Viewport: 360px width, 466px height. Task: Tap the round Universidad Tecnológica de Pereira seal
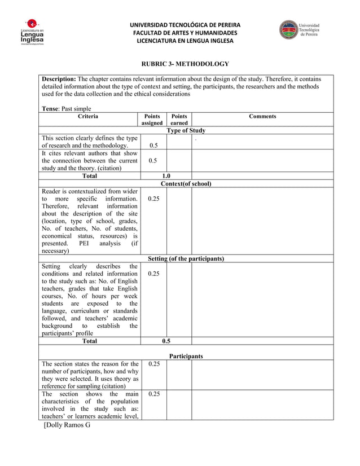pos(287,30)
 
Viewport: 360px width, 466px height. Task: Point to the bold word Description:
pos(59,79)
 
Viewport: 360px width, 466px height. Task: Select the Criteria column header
pos(90,116)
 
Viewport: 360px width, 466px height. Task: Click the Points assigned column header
pos(152,120)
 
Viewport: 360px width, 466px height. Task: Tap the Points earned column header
pos(179,120)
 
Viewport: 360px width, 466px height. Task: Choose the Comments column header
pos(262,116)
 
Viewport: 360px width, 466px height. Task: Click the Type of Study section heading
pos(186,130)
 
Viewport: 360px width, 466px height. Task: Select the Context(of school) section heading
pos(186,184)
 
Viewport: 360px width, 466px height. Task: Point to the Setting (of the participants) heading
pos(186,258)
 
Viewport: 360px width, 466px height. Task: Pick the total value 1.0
pos(166,176)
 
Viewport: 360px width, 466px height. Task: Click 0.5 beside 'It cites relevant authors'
pos(152,160)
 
